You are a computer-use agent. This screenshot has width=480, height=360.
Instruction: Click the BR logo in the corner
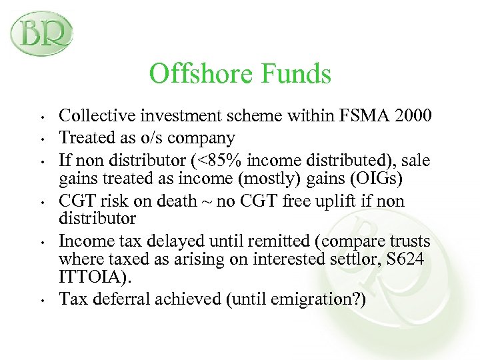point(41,33)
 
